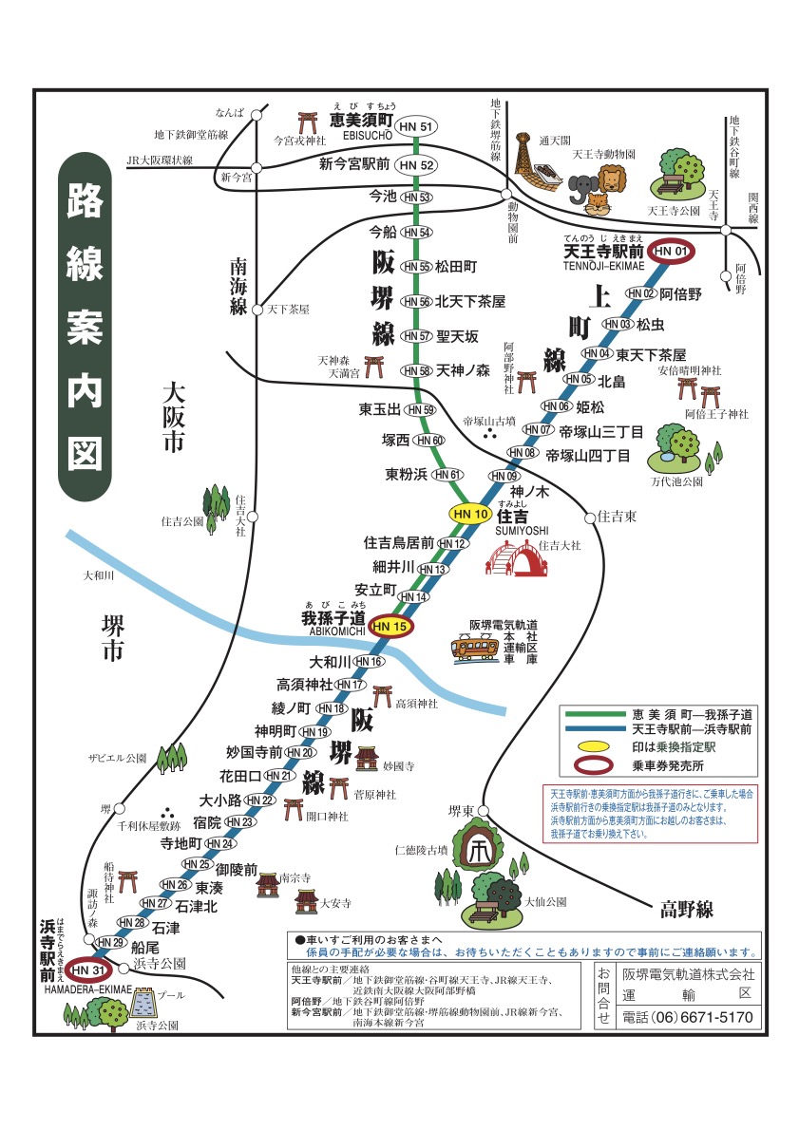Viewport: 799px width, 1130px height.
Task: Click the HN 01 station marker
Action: [670, 251]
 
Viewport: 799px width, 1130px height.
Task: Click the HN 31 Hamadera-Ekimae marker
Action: [86, 970]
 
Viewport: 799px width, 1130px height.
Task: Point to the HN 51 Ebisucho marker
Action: [418, 127]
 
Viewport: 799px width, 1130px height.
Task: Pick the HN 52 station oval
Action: [418, 165]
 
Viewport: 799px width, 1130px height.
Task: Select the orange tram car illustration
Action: [476, 649]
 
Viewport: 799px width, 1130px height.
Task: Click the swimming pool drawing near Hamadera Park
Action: [144, 1002]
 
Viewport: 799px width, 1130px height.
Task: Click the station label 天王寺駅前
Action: [603, 253]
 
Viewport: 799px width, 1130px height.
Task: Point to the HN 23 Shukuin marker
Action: [238, 821]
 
